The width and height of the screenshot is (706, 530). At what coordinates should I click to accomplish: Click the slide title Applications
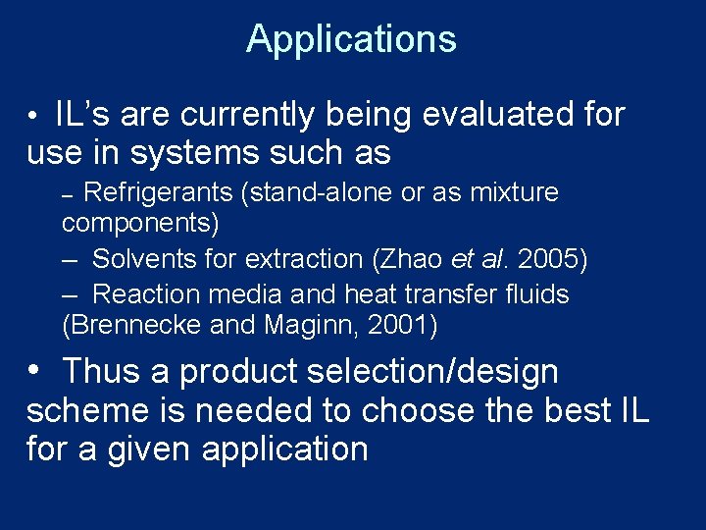click(x=351, y=39)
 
